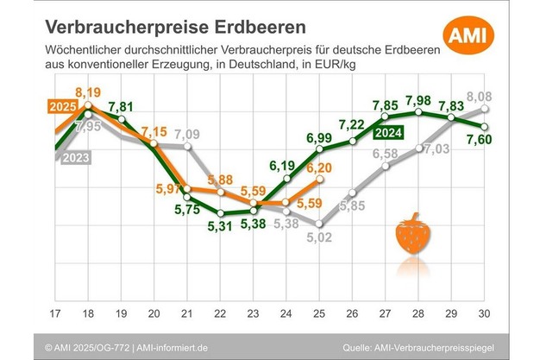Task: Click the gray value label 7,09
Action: click(188, 135)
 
